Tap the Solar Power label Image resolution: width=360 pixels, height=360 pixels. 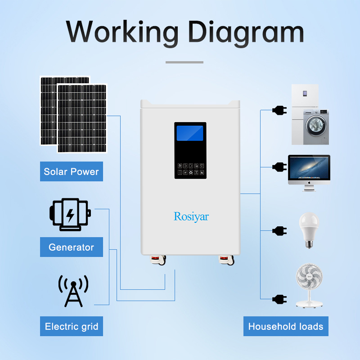click(71, 171)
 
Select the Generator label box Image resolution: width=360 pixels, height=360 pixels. click(71, 247)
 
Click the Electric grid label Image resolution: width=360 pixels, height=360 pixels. click(71, 326)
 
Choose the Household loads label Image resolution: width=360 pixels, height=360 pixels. click(286, 326)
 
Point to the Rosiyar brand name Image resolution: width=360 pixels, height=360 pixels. click(191, 216)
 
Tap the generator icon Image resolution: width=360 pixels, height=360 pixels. click(69, 214)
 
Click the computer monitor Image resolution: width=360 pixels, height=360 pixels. click(309, 170)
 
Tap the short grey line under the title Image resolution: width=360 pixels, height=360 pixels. click(184, 62)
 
